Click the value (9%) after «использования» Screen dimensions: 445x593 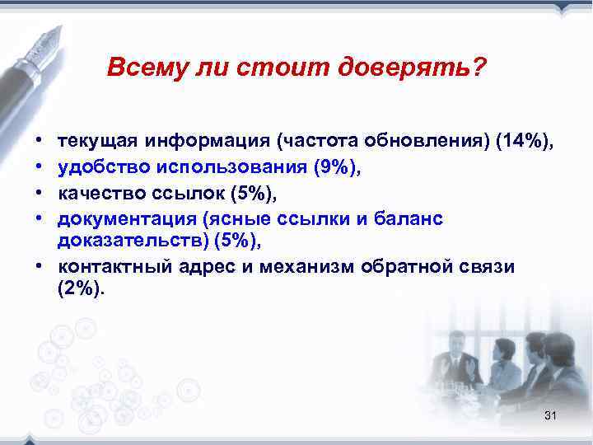click(x=338, y=168)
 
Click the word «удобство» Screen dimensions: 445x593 click(x=96, y=168)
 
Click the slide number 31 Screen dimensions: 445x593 click(x=551, y=416)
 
